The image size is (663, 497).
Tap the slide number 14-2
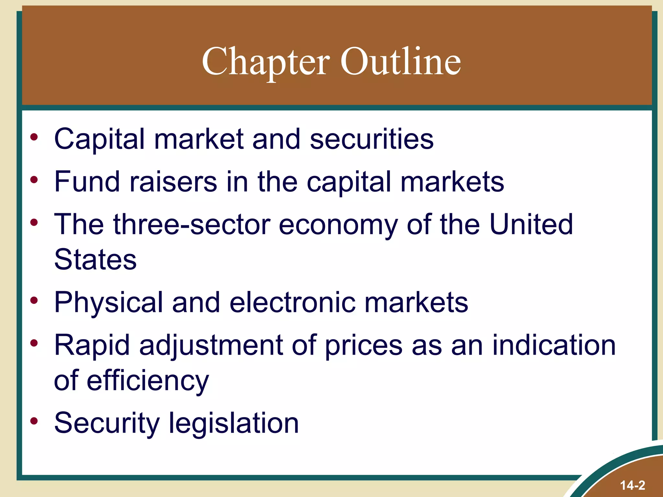[633, 485]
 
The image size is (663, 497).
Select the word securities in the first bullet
[371, 139]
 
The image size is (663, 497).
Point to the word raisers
[173, 182]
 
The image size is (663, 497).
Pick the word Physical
[108, 303]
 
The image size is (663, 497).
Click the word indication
[554, 345]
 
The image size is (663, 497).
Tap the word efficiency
[148, 381]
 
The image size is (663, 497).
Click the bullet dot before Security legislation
[34, 421]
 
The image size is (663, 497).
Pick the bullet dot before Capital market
[34, 137]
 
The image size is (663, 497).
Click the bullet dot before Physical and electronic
[34, 301]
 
